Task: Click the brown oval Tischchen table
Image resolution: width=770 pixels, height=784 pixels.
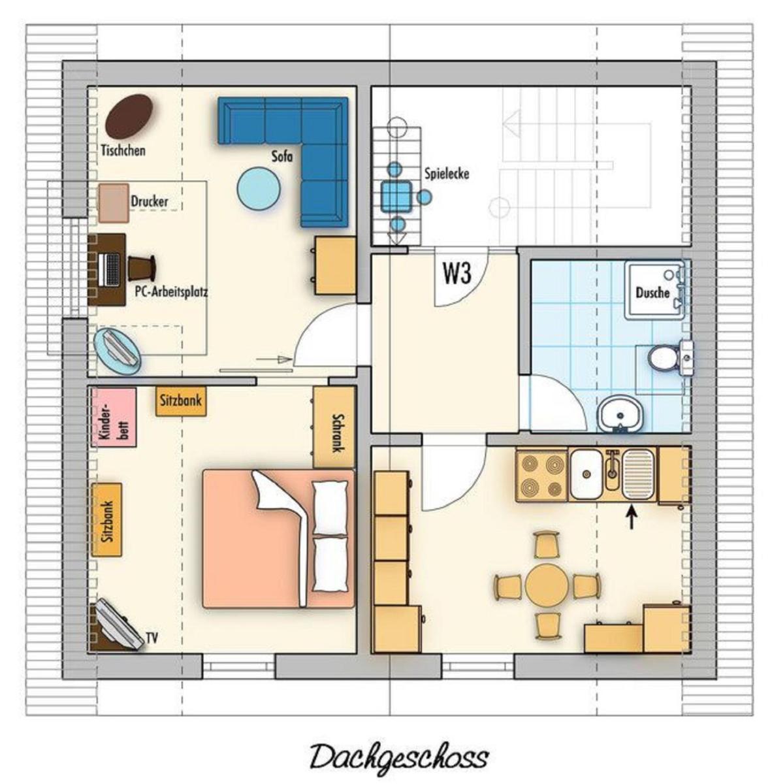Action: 129,116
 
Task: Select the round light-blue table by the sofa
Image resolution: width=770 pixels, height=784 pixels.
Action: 259,189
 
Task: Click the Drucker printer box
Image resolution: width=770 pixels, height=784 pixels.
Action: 114,203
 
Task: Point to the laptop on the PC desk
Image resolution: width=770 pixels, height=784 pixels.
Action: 110,269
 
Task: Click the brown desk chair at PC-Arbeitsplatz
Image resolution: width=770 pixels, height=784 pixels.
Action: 142,268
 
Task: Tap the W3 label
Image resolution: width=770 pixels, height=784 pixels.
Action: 458,273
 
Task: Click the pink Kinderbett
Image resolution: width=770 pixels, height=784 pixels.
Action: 114,417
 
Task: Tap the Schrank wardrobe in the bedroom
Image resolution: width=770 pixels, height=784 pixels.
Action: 334,427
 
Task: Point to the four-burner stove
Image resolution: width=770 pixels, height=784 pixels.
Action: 542,474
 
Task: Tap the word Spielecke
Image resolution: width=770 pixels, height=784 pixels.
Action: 447,174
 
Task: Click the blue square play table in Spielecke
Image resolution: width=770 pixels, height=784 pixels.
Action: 396,197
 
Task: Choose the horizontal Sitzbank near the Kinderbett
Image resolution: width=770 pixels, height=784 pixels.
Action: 181,400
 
